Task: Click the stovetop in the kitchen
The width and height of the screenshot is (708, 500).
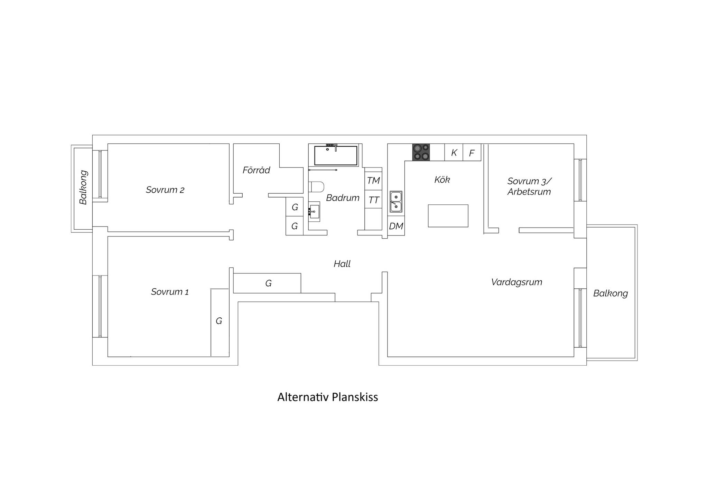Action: pos(421,152)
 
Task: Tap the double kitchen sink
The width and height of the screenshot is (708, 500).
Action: pos(396,202)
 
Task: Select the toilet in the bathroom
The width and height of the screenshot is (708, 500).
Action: pos(316,187)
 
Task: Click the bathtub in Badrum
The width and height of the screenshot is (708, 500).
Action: pos(336,155)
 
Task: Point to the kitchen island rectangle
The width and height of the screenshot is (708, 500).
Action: pos(448,216)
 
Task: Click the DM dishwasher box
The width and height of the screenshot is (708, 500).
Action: pos(396,226)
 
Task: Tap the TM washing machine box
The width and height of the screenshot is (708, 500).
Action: pos(373,181)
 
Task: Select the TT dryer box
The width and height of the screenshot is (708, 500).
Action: pos(373,200)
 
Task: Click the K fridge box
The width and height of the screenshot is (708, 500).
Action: pos(454,152)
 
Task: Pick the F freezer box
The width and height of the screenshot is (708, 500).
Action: pos(472,152)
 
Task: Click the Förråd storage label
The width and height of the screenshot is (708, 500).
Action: pos(256,170)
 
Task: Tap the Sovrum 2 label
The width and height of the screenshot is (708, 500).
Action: pos(165,190)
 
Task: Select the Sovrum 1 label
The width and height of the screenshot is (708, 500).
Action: pos(170,292)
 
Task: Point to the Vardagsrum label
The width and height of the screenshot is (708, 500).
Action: pos(517,282)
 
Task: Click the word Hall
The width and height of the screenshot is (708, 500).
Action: pos(342,264)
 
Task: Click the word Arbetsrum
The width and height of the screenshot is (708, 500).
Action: pos(529,192)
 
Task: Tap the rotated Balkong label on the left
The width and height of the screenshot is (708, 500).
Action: pos(83,187)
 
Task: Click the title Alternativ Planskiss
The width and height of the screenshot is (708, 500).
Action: pos(328,397)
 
